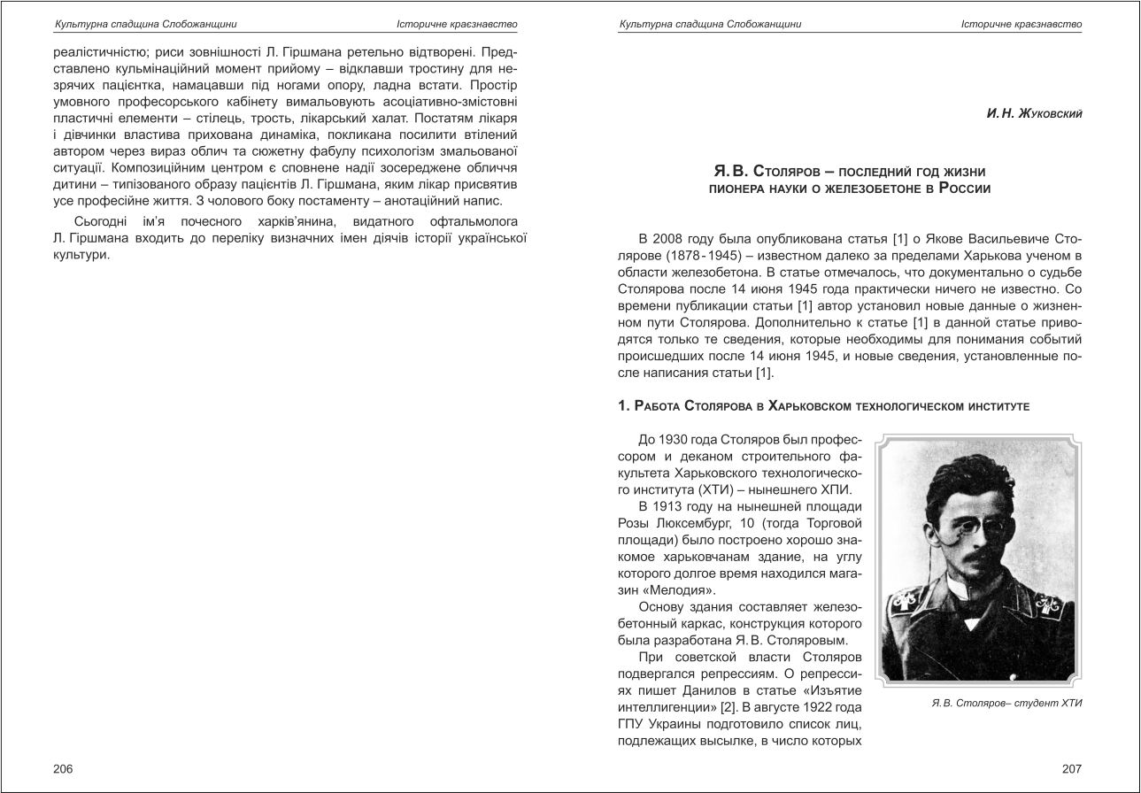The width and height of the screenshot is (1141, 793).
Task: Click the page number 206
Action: [x=63, y=769]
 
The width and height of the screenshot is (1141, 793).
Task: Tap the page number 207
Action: [x=1071, y=769]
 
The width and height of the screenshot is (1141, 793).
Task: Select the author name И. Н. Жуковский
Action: [x=1033, y=114]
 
